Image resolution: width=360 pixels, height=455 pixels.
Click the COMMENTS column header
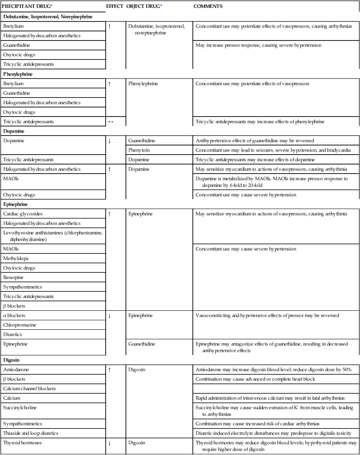208,7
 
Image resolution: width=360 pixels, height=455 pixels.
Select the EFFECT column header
114,7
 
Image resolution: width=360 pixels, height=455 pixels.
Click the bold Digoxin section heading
11,360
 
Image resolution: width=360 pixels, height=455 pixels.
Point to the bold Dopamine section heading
14,131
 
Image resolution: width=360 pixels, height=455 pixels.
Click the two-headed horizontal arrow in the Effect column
109,121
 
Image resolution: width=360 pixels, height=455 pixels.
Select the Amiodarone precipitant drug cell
16,369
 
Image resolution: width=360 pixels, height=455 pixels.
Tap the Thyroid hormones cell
21,443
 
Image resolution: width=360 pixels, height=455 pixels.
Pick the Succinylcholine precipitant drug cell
20,407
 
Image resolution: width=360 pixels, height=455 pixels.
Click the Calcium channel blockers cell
29,388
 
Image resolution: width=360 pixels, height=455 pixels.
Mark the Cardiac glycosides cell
23,214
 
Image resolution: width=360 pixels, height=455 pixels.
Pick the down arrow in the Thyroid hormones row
109,443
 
